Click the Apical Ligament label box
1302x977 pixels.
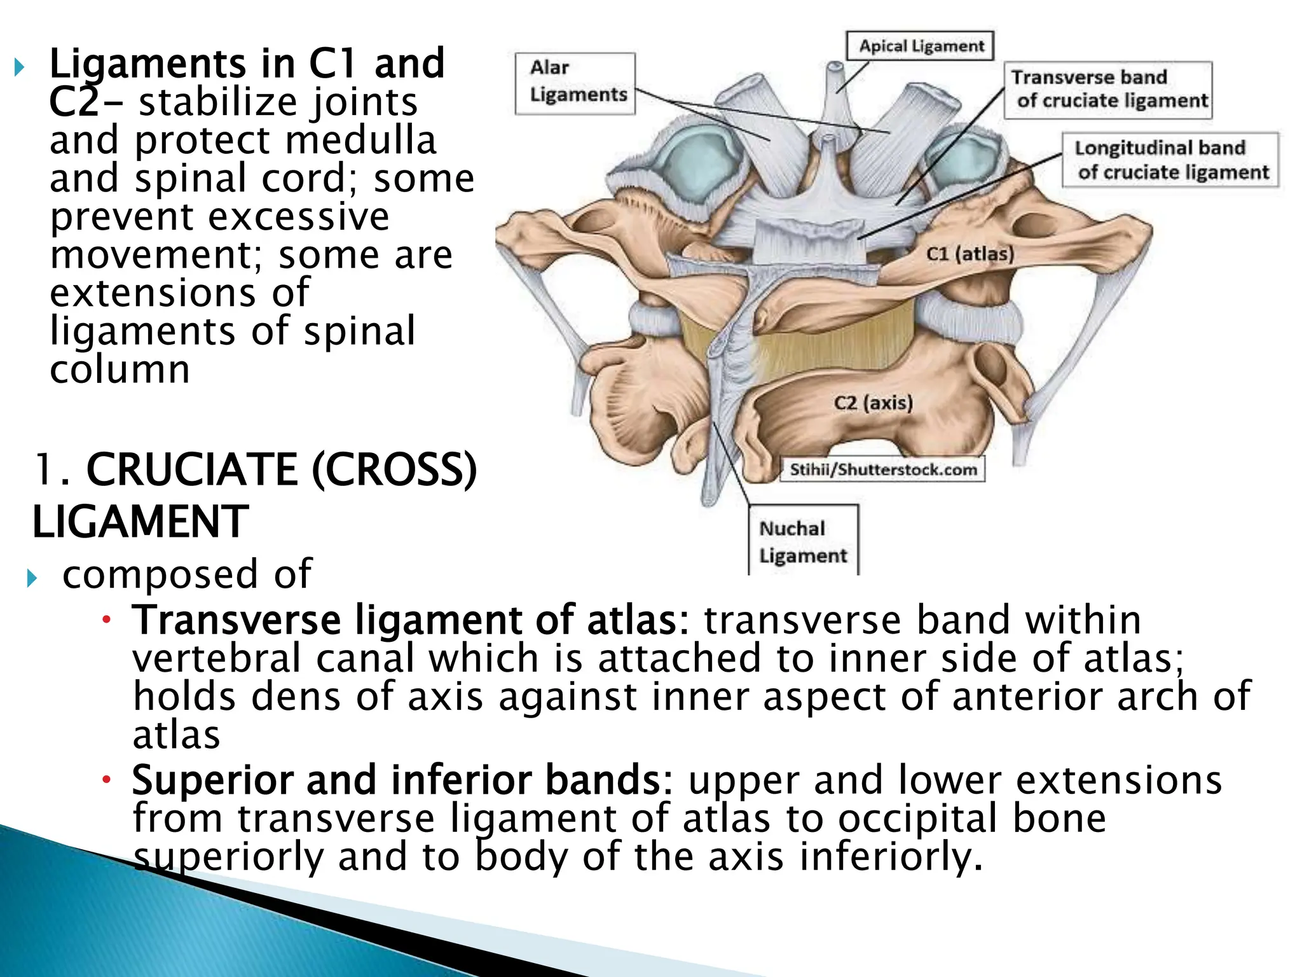[x=920, y=46]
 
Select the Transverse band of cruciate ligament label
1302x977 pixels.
[x=1108, y=90]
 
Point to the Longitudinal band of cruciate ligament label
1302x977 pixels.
[x=1170, y=160]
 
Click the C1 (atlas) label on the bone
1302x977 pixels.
[x=970, y=254]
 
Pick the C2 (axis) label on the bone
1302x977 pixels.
[x=873, y=403]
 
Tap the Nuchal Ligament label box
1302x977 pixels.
[x=802, y=541]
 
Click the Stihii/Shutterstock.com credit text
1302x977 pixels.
[x=882, y=469]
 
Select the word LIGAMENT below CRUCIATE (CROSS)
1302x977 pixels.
[x=140, y=522]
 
